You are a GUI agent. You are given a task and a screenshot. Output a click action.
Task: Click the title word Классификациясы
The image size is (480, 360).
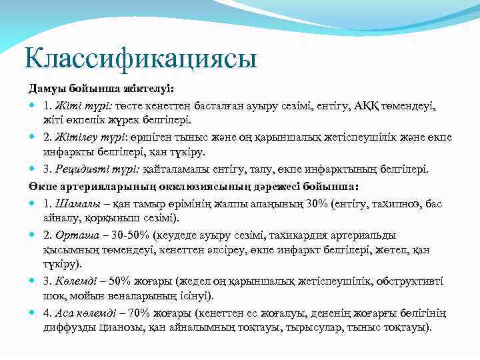click(139, 58)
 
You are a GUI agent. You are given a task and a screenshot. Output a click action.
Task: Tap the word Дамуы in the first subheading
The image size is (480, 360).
click(45, 89)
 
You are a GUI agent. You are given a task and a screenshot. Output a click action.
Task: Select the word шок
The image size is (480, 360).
click(53, 295)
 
